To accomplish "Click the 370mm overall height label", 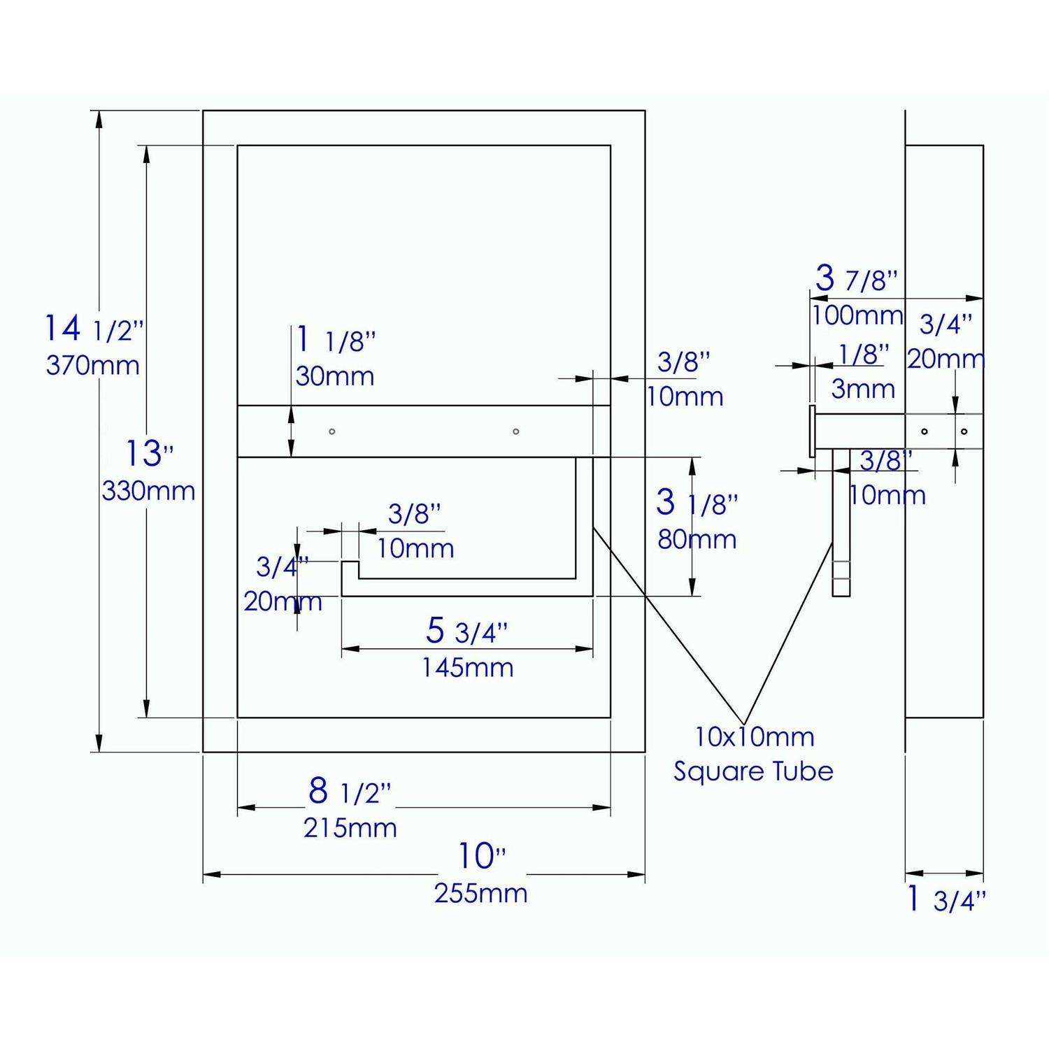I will tap(92, 365).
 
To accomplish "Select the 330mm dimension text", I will tap(148, 491).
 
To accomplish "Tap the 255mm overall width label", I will tap(480, 893).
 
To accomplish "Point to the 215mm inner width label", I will tap(350, 828).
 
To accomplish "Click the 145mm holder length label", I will tap(467, 668).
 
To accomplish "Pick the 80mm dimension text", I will tap(697, 539).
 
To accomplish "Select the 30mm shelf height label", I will tap(334, 376).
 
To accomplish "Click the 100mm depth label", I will tap(857, 315).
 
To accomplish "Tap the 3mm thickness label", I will tap(863, 389).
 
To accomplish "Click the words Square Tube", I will tap(753, 771).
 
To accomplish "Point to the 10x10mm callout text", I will tap(754, 736).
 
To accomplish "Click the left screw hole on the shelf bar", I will tap(332, 431).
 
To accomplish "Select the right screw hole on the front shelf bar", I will tap(516, 431).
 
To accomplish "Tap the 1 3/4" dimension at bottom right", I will tap(945, 900).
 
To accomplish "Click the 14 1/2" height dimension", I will tap(94, 328).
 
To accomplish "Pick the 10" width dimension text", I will tap(481, 856).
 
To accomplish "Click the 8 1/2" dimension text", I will tap(349, 792).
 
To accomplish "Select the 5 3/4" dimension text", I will tap(466, 631).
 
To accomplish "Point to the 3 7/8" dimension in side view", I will tap(856, 279).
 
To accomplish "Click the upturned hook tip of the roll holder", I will tap(350, 568).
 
